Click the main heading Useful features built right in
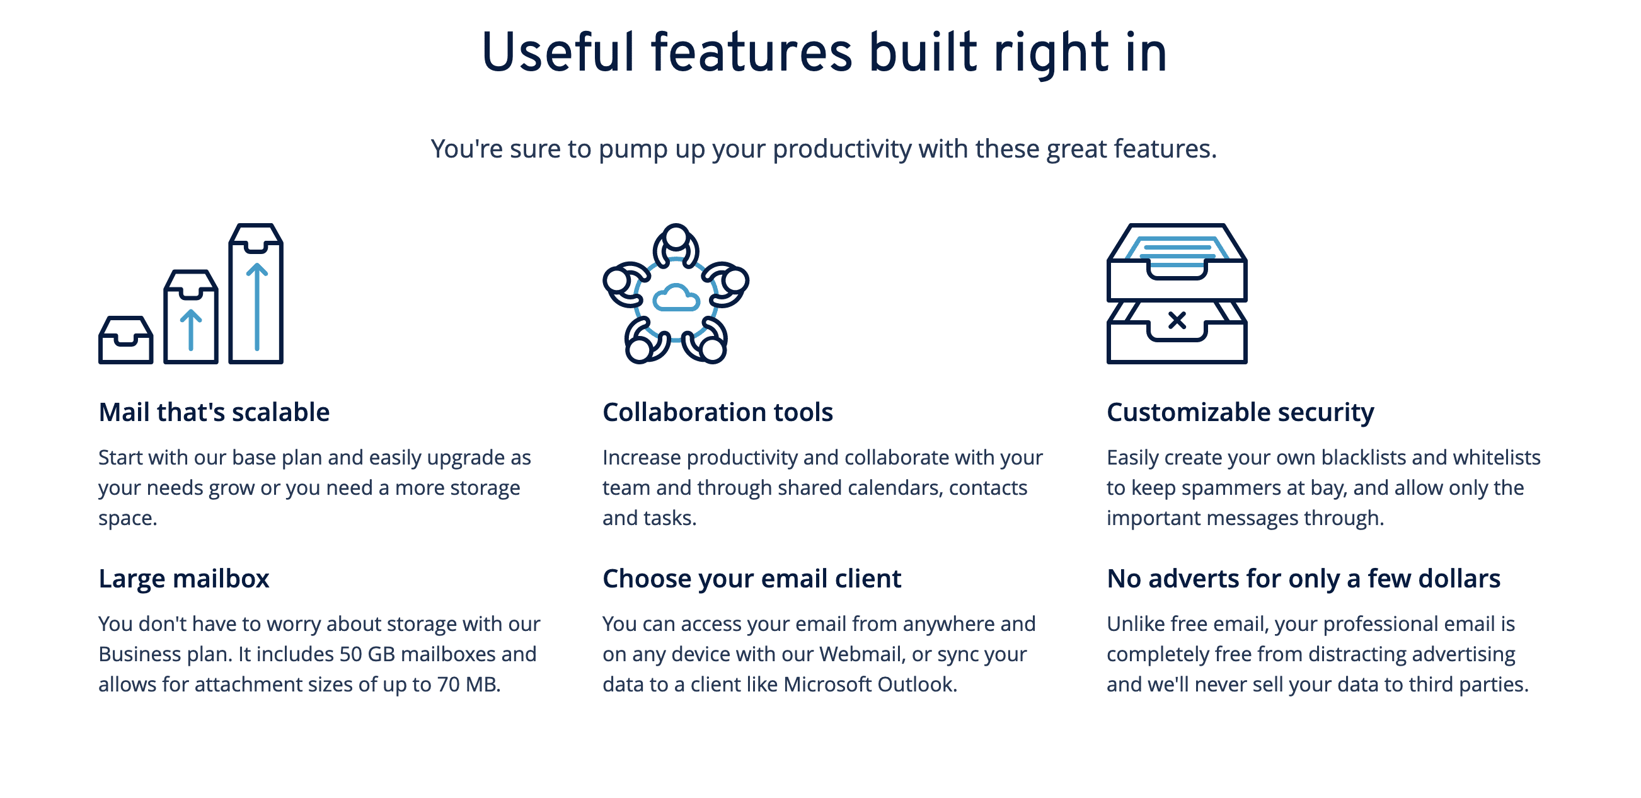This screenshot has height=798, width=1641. point(824,54)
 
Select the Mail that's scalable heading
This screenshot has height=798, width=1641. point(214,412)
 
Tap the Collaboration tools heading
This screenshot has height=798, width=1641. point(717,412)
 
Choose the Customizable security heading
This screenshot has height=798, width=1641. point(1240,413)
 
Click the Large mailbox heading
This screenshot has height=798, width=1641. point(183,579)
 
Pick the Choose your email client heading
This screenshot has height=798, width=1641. point(752,579)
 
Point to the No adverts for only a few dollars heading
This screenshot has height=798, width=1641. point(1303,579)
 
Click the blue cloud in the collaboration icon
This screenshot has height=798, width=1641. point(676,298)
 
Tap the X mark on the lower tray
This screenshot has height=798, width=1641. point(1177,320)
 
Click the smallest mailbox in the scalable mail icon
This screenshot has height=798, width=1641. point(125,340)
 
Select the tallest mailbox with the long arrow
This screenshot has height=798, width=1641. point(255,294)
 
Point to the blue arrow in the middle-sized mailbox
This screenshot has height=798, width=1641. point(190,330)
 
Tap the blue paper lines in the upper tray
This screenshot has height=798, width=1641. point(1177,252)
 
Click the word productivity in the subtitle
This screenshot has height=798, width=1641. point(841,149)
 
